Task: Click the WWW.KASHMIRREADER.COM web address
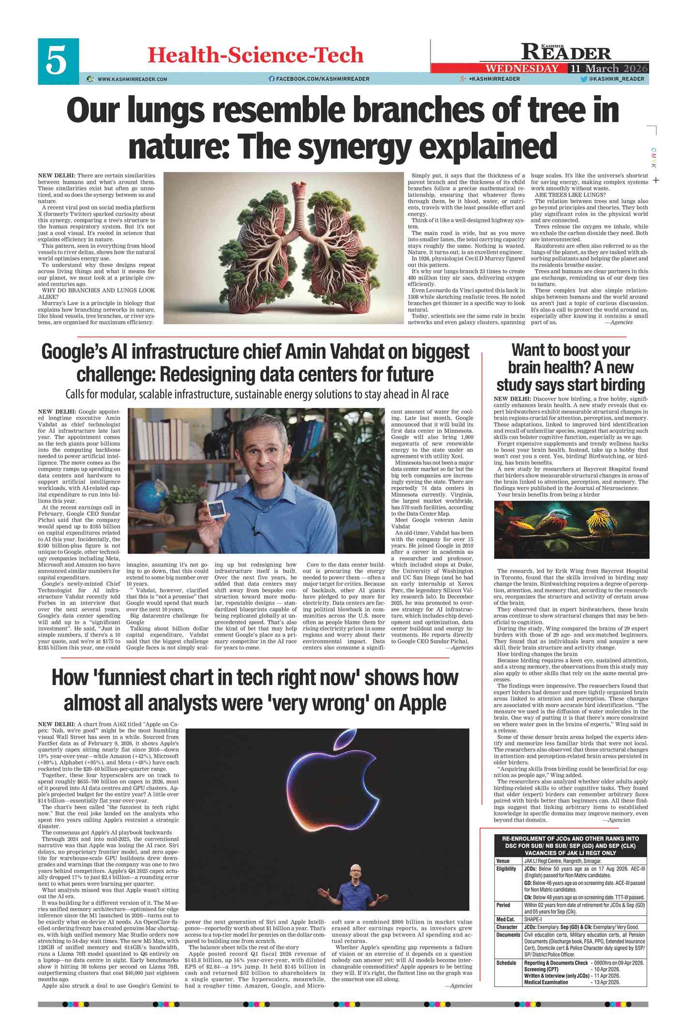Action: coord(132,79)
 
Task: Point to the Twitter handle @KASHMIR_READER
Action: coord(616,79)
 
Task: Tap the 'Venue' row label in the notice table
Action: coord(503,861)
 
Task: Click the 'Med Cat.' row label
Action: coord(505,919)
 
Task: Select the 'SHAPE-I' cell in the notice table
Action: coord(534,919)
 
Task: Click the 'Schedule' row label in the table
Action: coord(506,963)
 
